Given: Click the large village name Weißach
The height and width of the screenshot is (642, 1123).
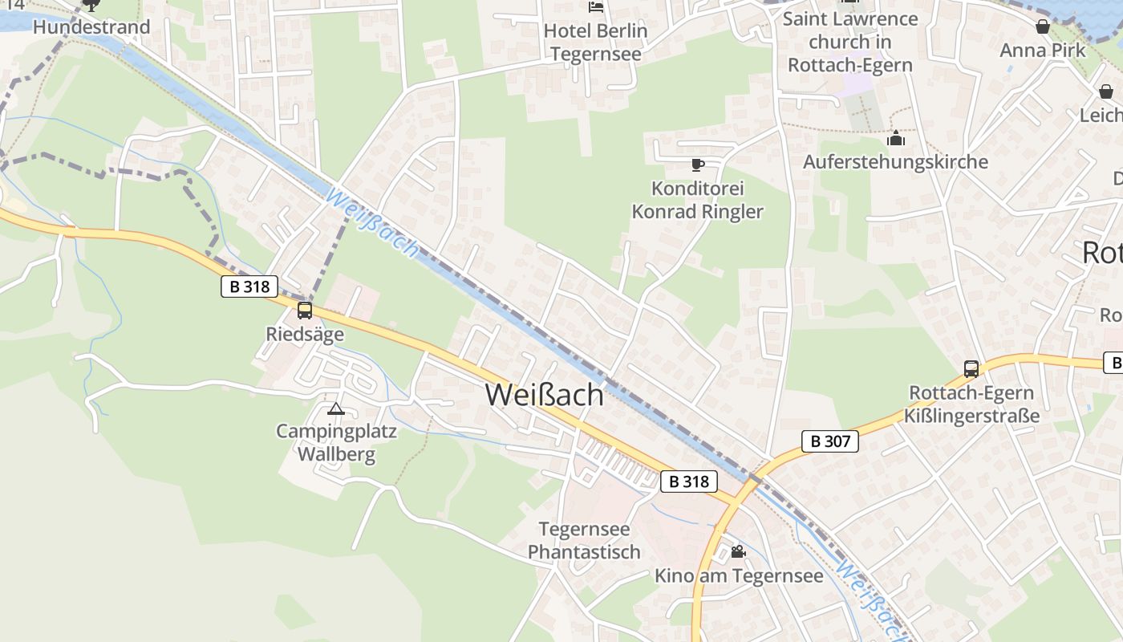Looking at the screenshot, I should (x=544, y=395).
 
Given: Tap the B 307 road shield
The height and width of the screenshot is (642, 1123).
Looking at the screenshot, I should (x=829, y=441).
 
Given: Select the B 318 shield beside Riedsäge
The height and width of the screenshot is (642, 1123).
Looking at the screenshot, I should (x=249, y=286).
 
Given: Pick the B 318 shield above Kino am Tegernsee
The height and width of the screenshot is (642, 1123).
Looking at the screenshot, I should (x=689, y=481).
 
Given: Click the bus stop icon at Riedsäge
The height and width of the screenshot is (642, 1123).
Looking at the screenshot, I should (x=305, y=311).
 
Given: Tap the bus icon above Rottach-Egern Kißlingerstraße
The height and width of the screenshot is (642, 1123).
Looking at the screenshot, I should (x=971, y=369).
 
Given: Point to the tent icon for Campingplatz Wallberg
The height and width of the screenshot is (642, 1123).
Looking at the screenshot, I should (x=336, y=409).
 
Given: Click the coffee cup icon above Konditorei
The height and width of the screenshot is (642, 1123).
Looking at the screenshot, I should (x=697, y=165).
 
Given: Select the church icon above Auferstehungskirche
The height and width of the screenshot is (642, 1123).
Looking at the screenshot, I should (x=896, y=139).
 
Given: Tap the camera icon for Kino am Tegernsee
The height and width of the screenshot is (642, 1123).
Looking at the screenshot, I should (x=738, y=552).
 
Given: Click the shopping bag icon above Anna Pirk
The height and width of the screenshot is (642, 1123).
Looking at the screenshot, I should (x=1043, y=27).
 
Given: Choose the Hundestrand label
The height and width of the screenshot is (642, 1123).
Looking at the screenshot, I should (x=91, y=27).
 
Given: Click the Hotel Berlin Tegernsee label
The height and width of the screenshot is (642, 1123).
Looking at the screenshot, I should (x=595, y=43).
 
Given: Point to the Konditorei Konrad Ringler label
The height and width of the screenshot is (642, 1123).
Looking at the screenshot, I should (x=697, y=201).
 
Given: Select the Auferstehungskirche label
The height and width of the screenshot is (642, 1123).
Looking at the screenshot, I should (x=895, y=162).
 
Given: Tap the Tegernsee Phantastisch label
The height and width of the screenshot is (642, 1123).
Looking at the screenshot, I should (x=584, y=541).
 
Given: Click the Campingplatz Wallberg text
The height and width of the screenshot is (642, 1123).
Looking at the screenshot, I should (x=337, y=443).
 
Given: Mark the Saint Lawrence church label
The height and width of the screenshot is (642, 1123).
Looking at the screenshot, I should (x=850, y=42).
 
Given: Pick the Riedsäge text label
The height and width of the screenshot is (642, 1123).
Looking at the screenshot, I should (x=305, y=334).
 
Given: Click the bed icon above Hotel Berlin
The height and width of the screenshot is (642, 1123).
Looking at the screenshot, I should (x=595, y=7).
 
